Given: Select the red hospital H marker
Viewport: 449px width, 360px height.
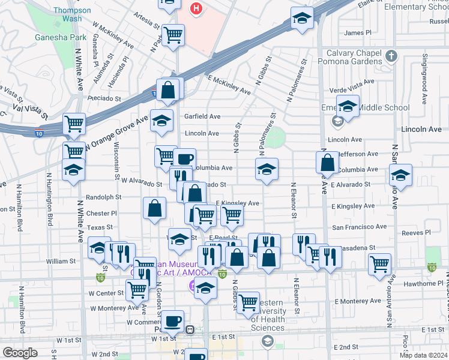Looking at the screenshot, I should point(196,8).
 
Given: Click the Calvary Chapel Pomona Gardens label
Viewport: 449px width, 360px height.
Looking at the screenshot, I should point(351,59).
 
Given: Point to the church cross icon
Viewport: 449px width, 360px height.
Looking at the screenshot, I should point(391,56).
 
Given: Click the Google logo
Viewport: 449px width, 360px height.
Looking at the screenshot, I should point(20,353).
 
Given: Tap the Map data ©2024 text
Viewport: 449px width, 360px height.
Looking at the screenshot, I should point(423,355).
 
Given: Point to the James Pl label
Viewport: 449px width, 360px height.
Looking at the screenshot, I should point(358,32).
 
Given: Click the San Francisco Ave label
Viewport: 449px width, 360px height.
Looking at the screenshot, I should point(360,227).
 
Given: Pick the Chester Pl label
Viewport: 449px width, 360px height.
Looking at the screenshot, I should point(101,213).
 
